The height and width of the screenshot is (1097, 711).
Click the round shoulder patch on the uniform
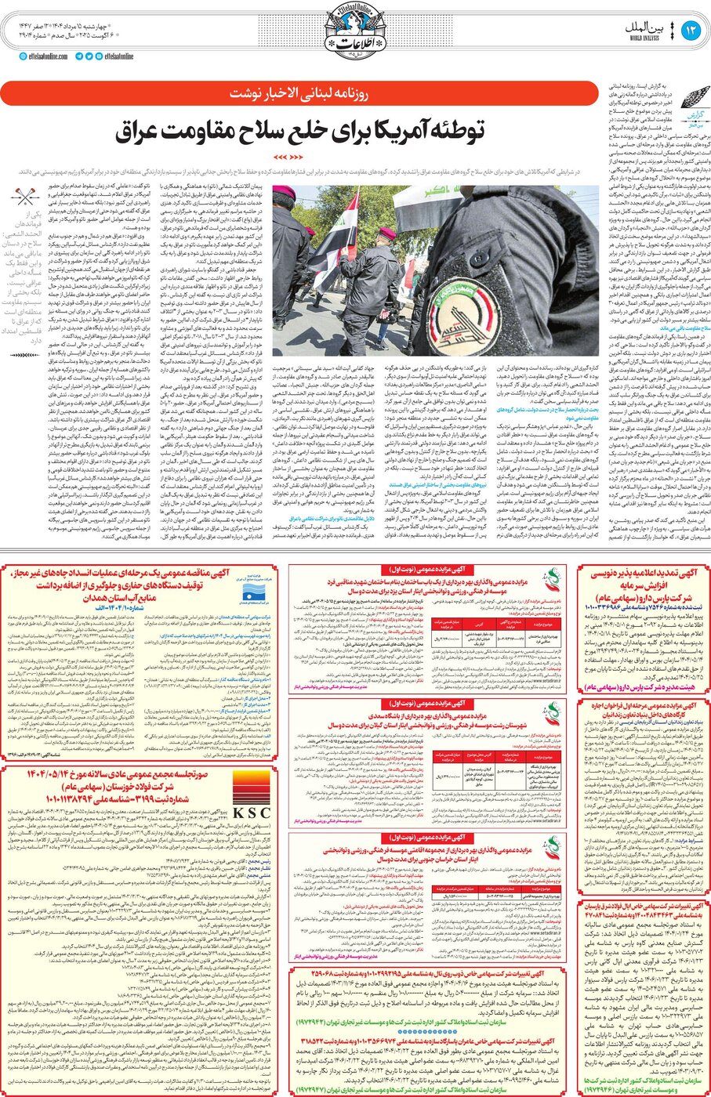[466, 311]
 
